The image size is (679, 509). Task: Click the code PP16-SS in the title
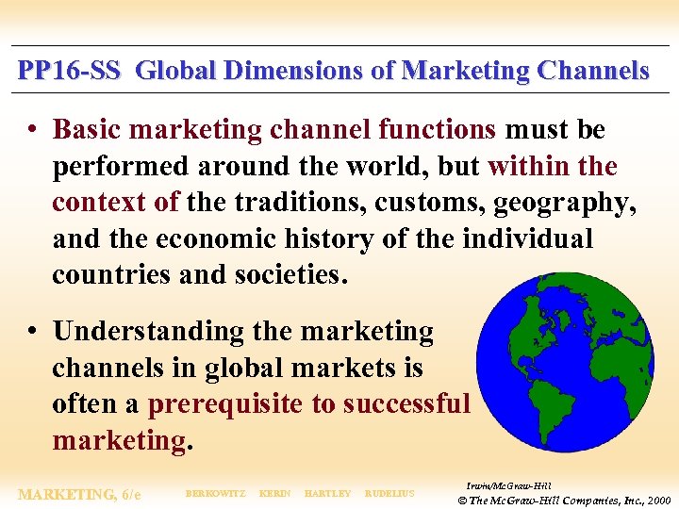(69, 71)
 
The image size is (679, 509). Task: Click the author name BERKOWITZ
(216, 494)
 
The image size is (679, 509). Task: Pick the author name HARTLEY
(327, 494)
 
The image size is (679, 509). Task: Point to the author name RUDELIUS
(390, 494)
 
